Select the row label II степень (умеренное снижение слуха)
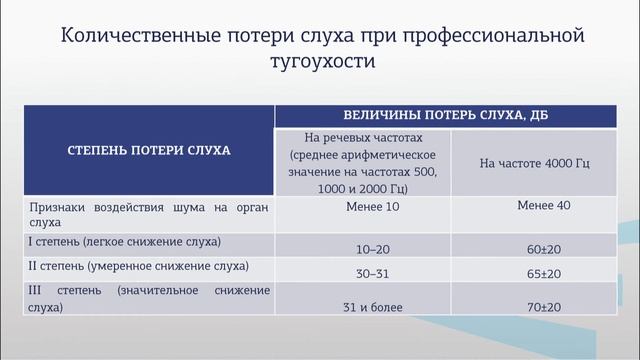coord(139,268)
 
